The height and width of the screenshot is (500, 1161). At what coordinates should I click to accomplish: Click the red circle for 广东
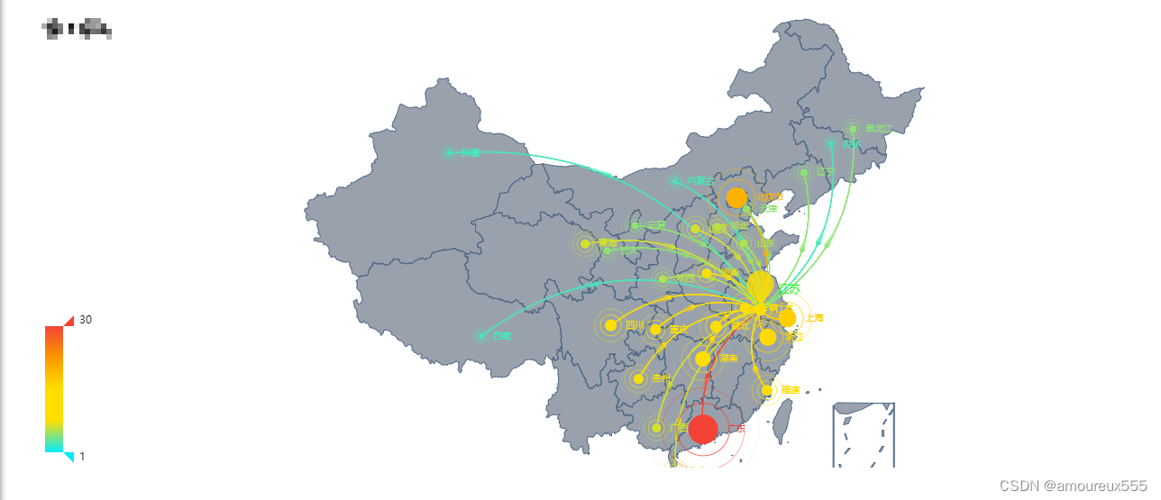[703, 430]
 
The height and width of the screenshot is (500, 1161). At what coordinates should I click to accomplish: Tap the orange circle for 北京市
[736, 197]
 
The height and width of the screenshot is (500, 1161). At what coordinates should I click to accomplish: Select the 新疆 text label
[470, 153]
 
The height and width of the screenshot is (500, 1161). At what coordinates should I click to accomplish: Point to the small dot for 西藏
[481, 336]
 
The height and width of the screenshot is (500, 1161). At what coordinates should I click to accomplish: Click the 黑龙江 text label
[877, 129]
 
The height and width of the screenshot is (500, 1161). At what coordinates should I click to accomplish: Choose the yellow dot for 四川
[611, 325]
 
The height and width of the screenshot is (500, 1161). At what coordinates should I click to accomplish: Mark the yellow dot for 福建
[767, 390]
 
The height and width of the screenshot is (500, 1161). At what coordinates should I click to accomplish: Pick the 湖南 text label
[728, 359]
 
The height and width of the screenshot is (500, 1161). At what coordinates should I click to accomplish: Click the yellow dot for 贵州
[638, 379]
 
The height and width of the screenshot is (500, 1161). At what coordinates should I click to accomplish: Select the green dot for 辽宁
[804, 172]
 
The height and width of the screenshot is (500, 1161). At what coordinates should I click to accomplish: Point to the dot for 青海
[585, 243]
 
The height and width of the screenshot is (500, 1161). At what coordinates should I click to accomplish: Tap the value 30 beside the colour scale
[86, 320]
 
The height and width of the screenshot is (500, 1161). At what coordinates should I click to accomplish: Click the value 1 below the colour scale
[83, 457]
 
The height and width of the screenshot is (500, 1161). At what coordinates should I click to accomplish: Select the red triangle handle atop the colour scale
[69, 321]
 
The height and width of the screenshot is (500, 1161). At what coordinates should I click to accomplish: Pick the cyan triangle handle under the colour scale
[69, 457]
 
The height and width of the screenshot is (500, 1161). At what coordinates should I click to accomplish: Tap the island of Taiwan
[784, 422]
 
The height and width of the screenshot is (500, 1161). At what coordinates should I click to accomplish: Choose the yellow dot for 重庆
[655, 330]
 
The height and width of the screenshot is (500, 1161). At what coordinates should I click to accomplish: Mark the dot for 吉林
[832, 144]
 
